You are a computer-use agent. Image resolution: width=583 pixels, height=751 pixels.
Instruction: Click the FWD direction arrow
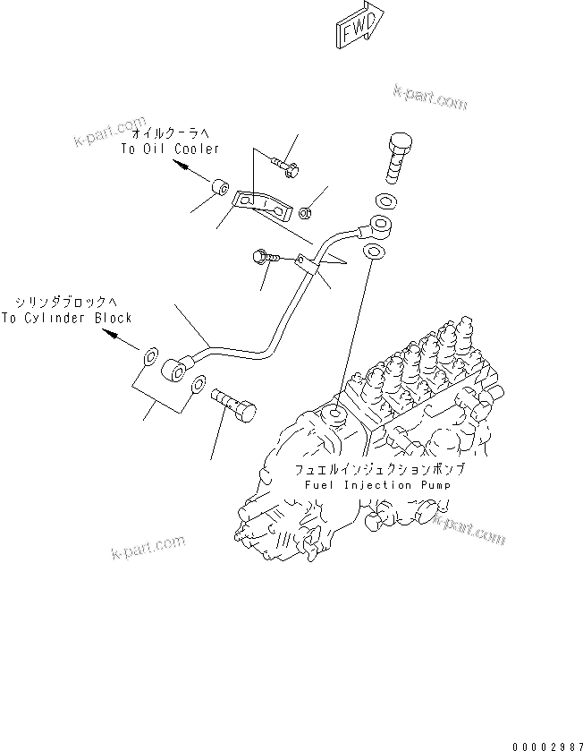(359, 28)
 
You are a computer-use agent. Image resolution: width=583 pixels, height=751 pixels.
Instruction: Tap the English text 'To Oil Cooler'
(169, 149)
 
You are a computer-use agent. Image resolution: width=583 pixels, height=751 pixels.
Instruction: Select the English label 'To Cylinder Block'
(66, 317)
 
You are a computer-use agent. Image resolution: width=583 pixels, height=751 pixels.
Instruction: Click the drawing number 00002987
(546, 745)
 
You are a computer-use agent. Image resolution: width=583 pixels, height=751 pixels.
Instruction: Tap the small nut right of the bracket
(304, 212)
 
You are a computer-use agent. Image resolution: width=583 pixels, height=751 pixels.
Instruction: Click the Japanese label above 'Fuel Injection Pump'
(381, 469)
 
